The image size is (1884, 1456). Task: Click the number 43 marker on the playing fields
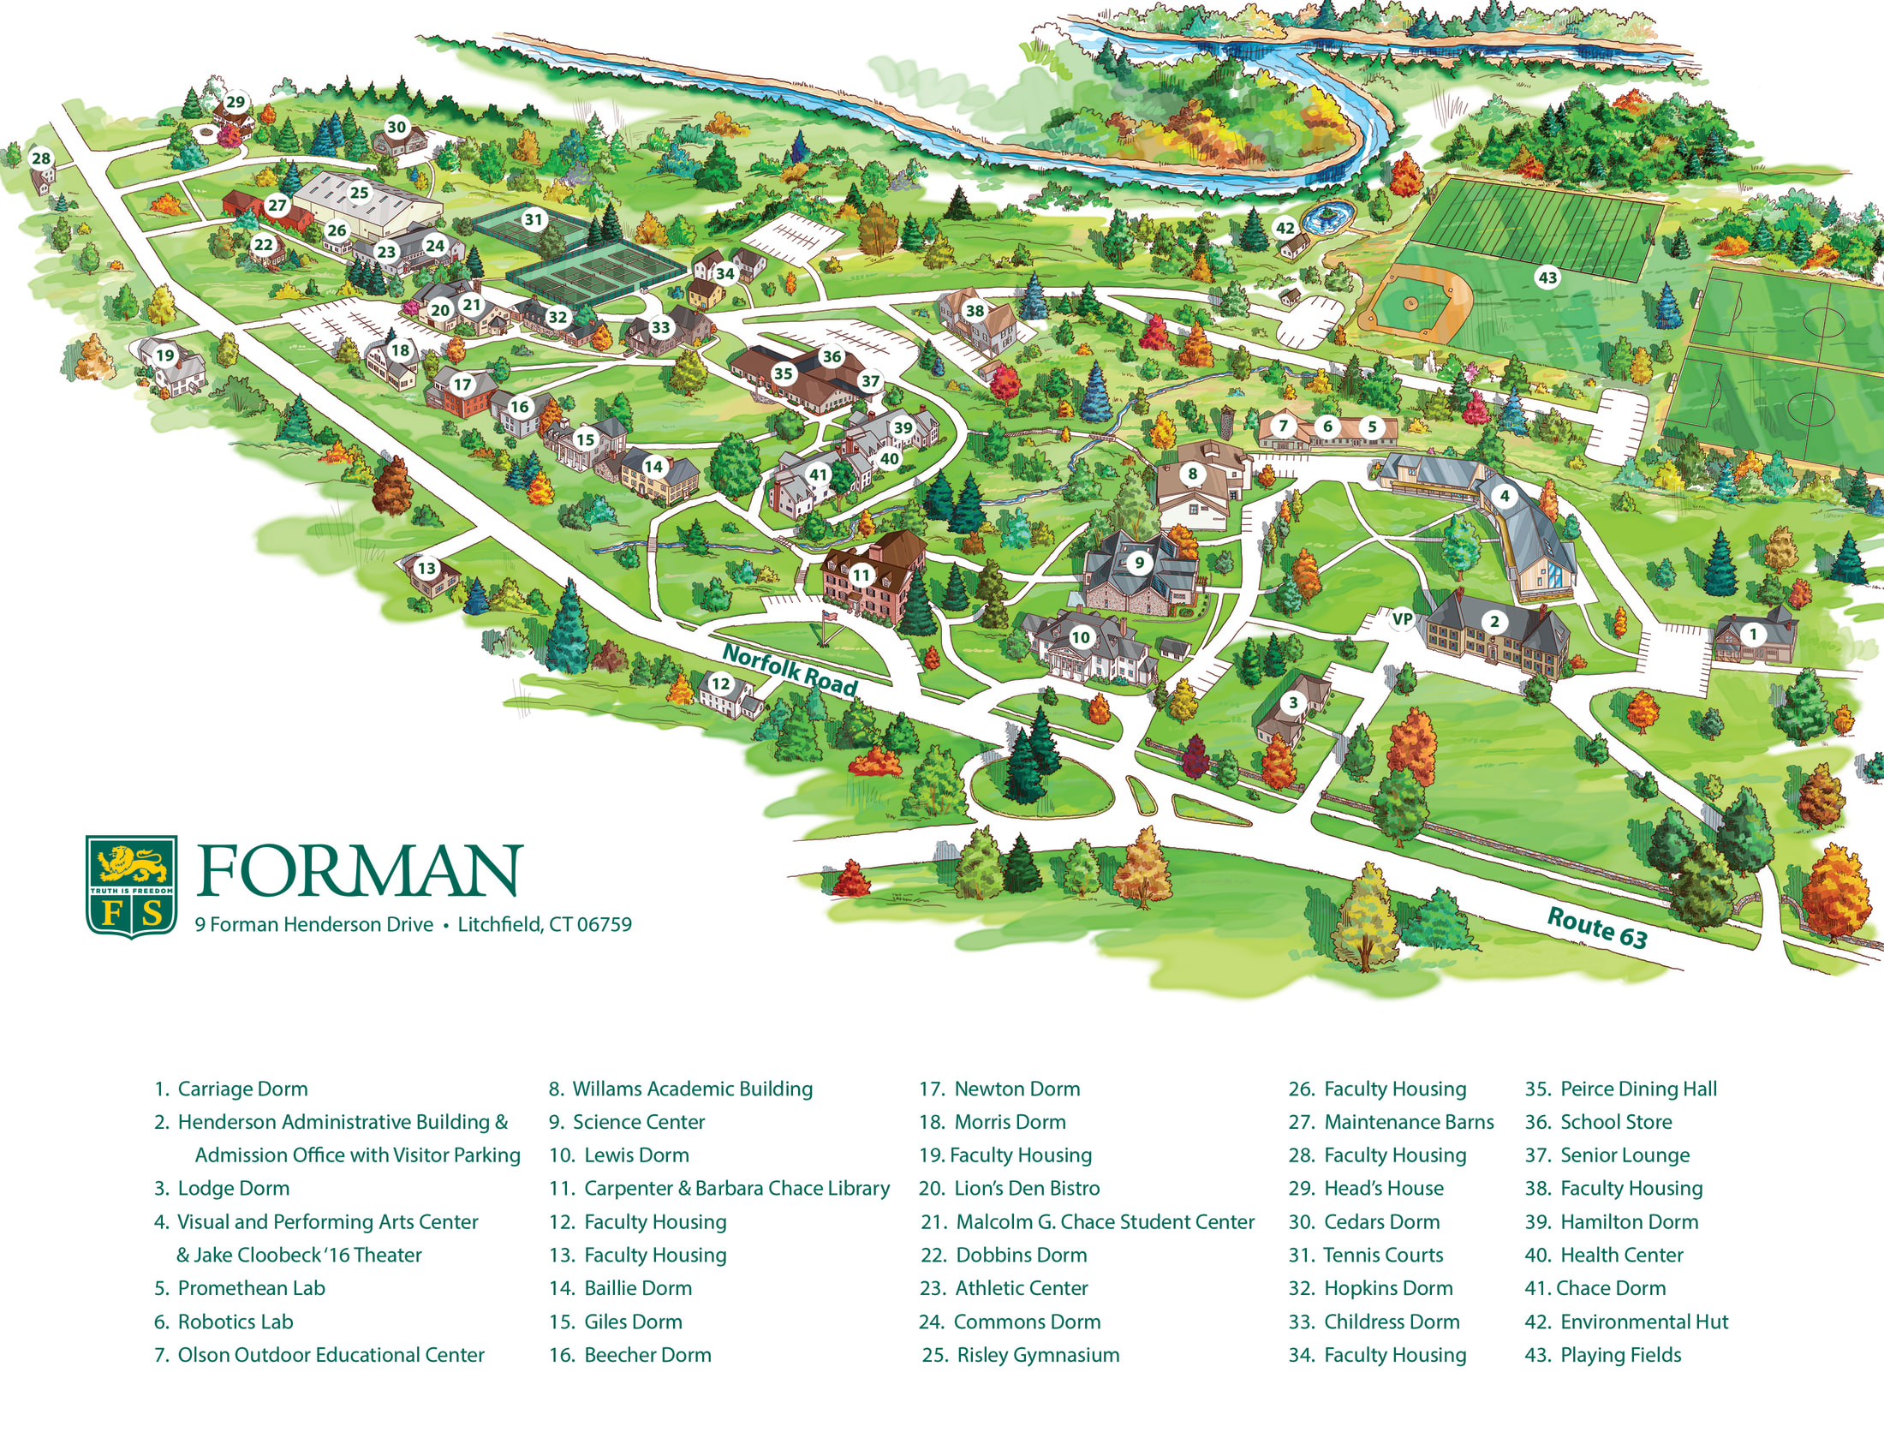(1547, 277)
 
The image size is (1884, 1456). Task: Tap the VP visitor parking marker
(1402, 618)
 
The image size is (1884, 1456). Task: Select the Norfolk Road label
(790, 670)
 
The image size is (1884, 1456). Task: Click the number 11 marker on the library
(861, 575)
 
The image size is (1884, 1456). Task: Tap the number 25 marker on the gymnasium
(359, 193)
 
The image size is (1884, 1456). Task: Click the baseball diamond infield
(1412, 304)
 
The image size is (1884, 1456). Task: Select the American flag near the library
(831, 617)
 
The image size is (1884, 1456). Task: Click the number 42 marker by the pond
(1285, 228)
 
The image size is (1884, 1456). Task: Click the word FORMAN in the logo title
(360, 871)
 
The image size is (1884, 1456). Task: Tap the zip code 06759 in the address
(604, 925)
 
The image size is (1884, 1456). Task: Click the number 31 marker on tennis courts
(534, 219)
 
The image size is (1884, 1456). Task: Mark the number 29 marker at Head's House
(235, 103)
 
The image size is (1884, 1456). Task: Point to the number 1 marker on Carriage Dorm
(1752, 634)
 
